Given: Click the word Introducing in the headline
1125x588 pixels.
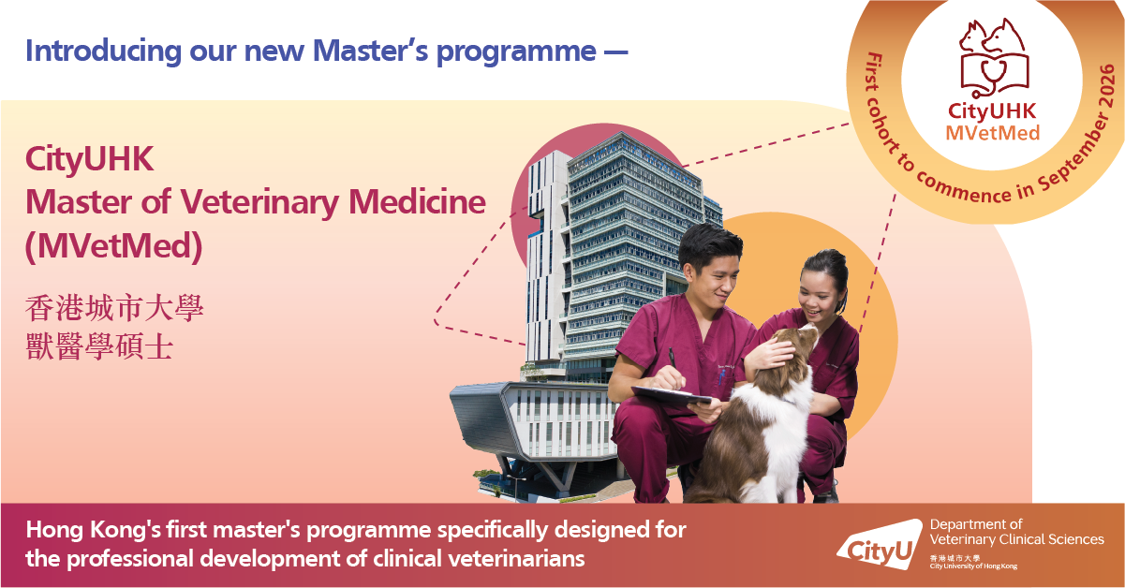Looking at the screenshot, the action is [103, 51].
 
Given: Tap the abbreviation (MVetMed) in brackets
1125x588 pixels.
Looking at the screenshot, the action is [114, 246].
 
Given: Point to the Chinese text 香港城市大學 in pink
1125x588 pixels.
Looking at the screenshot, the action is [114, 308].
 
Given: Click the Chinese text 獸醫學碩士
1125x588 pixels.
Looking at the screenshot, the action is [99, 347].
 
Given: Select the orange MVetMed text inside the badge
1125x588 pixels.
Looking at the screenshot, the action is [992, 133].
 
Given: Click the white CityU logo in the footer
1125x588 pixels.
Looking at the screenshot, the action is [880, 546].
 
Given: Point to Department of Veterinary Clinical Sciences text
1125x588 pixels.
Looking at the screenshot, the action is [1016, 532].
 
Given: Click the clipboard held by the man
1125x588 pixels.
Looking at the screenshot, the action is [671, 396].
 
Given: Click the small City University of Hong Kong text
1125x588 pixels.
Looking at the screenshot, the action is [973, 566].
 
